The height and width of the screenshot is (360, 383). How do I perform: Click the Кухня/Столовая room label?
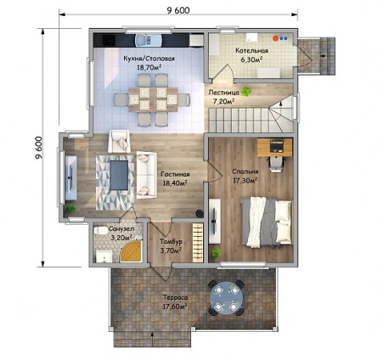[x=149, y=59]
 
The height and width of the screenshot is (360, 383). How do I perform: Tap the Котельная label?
[x=252, y=51]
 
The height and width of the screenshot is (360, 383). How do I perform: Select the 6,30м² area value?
[x=251, y=59]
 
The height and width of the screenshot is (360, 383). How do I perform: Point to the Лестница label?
[x=223, y=93]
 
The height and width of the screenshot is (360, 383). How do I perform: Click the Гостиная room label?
[x=175, y=174]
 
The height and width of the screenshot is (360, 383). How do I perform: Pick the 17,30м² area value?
[x=245, y=180]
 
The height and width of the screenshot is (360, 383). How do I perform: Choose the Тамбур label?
[x=171, y=242]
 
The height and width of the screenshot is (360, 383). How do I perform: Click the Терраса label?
[x=176, y=298]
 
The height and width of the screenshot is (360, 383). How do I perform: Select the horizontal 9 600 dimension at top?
[x=178, y=11]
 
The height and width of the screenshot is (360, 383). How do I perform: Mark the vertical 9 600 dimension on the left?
[x=39, y=148]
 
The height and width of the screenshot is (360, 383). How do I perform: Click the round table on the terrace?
[x=226, y=298]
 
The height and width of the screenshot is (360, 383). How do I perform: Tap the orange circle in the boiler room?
[x=275, y=38]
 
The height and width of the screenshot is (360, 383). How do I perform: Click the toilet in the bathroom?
[x=100, y=230]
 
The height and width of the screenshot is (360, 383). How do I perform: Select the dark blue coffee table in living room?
[x=119, y=175]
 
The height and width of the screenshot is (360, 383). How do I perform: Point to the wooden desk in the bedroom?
[x=275, y=148]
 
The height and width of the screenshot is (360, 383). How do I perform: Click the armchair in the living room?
[x=119, y=142]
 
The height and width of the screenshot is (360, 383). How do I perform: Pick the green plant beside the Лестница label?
[x=246, y=92]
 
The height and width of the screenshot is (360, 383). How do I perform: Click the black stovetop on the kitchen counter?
[x=109, y=40]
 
